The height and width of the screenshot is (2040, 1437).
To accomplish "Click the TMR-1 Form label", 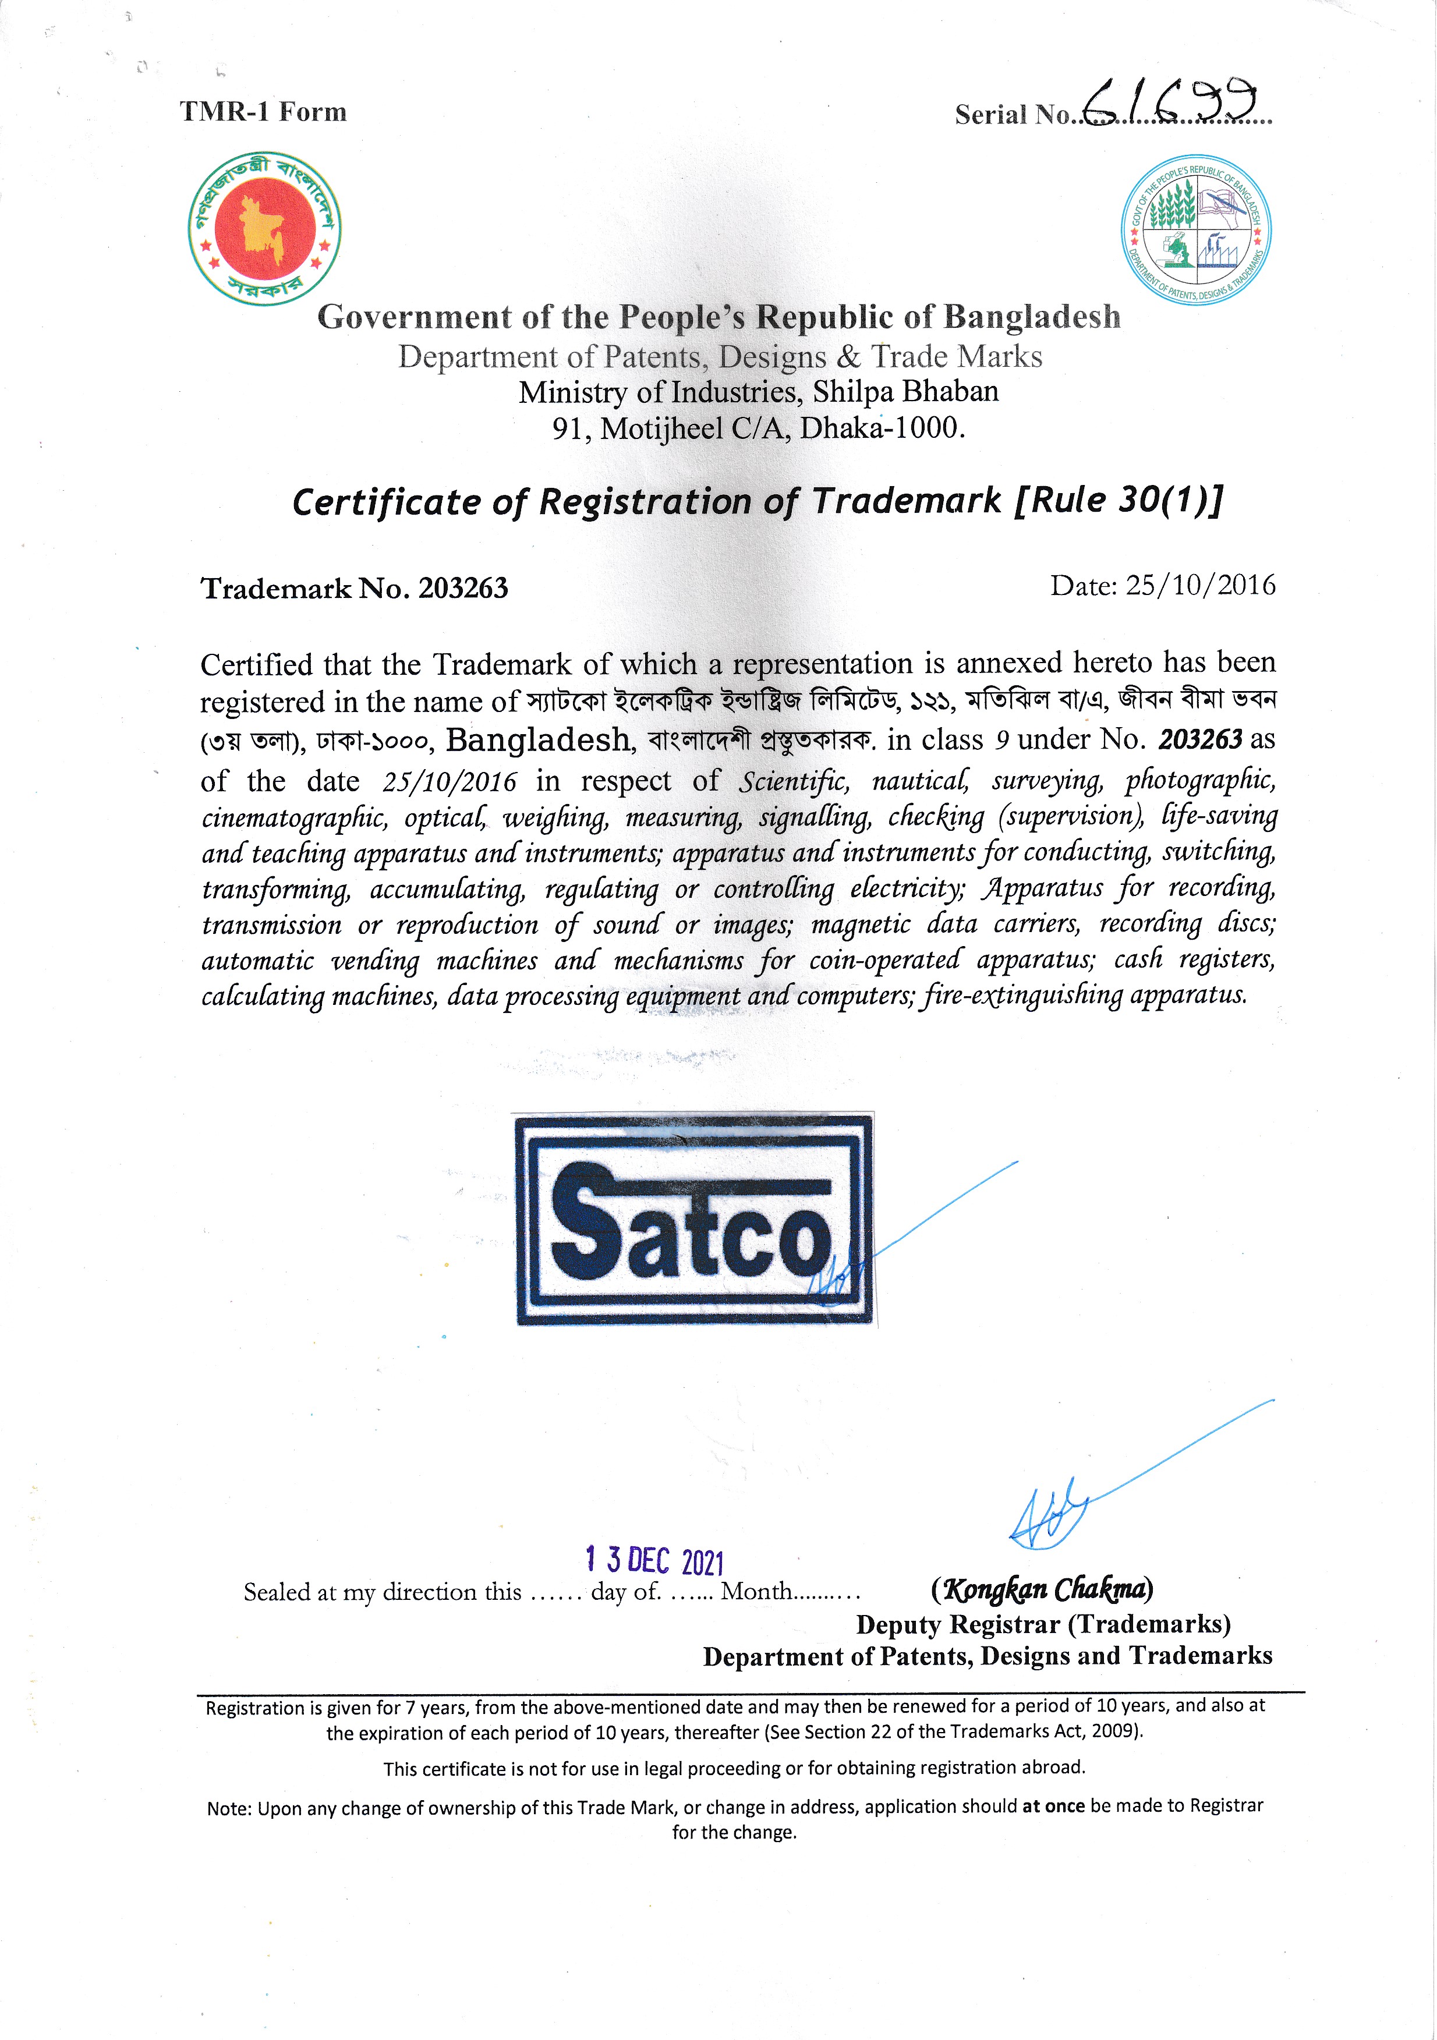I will coord(263,112).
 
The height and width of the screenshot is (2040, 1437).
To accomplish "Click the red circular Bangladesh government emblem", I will coord(265,228).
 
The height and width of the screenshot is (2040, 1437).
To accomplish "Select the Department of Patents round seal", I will coord(1195,229).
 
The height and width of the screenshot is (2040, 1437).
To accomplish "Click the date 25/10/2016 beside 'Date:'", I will coord(1199,585).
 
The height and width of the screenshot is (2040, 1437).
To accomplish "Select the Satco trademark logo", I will coord(694,1219).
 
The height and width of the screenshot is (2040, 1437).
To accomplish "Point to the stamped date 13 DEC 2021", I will coord(655,1560).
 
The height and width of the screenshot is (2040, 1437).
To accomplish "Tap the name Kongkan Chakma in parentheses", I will coord(1042,1589).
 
